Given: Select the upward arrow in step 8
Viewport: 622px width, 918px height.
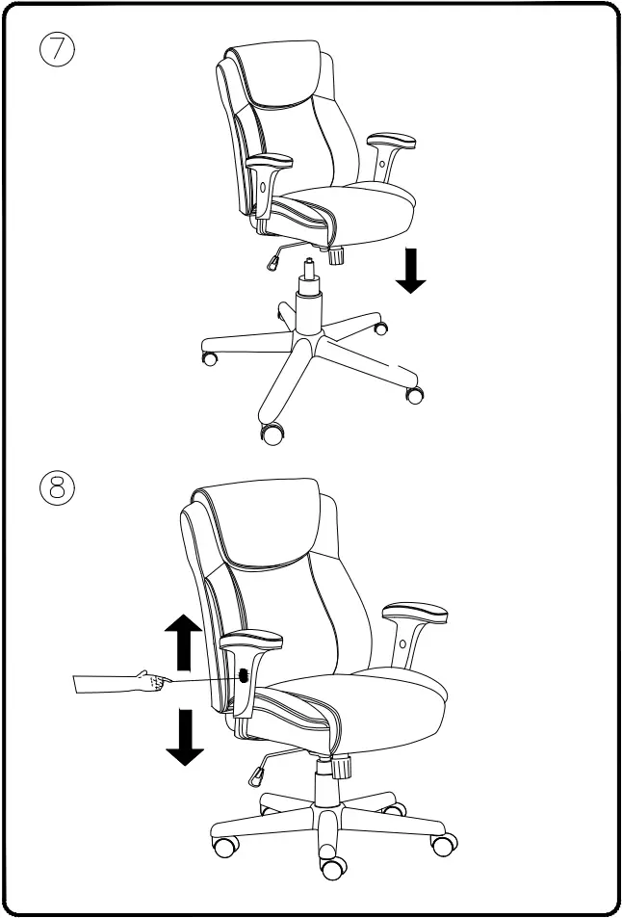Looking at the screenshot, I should click(181, 643).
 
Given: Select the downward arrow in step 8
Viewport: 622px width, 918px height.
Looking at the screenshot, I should click(181, 736).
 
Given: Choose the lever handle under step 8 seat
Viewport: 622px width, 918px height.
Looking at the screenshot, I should click(259, 772).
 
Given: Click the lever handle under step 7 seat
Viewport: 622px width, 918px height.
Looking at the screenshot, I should click(275, 259).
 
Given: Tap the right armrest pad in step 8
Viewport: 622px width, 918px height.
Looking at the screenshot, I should click(414, 613).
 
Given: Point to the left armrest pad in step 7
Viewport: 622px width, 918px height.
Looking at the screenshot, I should click(269, 158).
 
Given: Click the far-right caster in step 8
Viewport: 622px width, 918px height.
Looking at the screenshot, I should click(444, 846).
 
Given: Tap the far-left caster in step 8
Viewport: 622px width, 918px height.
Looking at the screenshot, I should click(225, 848).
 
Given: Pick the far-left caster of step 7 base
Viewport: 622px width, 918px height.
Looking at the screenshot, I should click(209, 358).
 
